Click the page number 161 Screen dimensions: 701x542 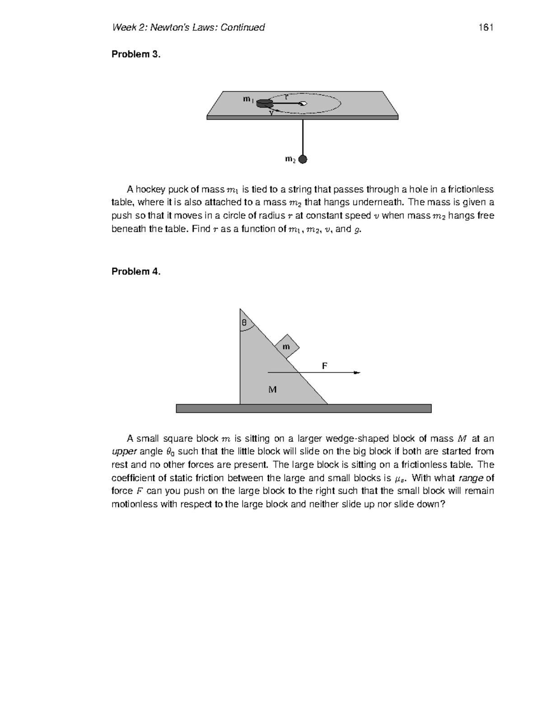pos(486,28)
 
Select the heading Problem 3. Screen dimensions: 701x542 pos(136,55)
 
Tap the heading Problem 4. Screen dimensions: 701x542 pos(136,272)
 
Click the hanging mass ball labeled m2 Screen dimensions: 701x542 pos(303,159)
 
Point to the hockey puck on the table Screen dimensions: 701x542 pos(263,104)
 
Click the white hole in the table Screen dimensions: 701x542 pos(304,104)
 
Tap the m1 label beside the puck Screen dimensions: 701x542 pos(248,99)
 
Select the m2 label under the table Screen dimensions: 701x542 pos(290,159)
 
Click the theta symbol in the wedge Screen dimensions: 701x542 pos(244,323)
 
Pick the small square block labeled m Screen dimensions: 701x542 pos(287,346)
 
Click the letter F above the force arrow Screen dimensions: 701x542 pos(324,366)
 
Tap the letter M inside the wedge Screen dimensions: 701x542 pos(272,389)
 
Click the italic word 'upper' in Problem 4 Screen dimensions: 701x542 pos(124,452)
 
